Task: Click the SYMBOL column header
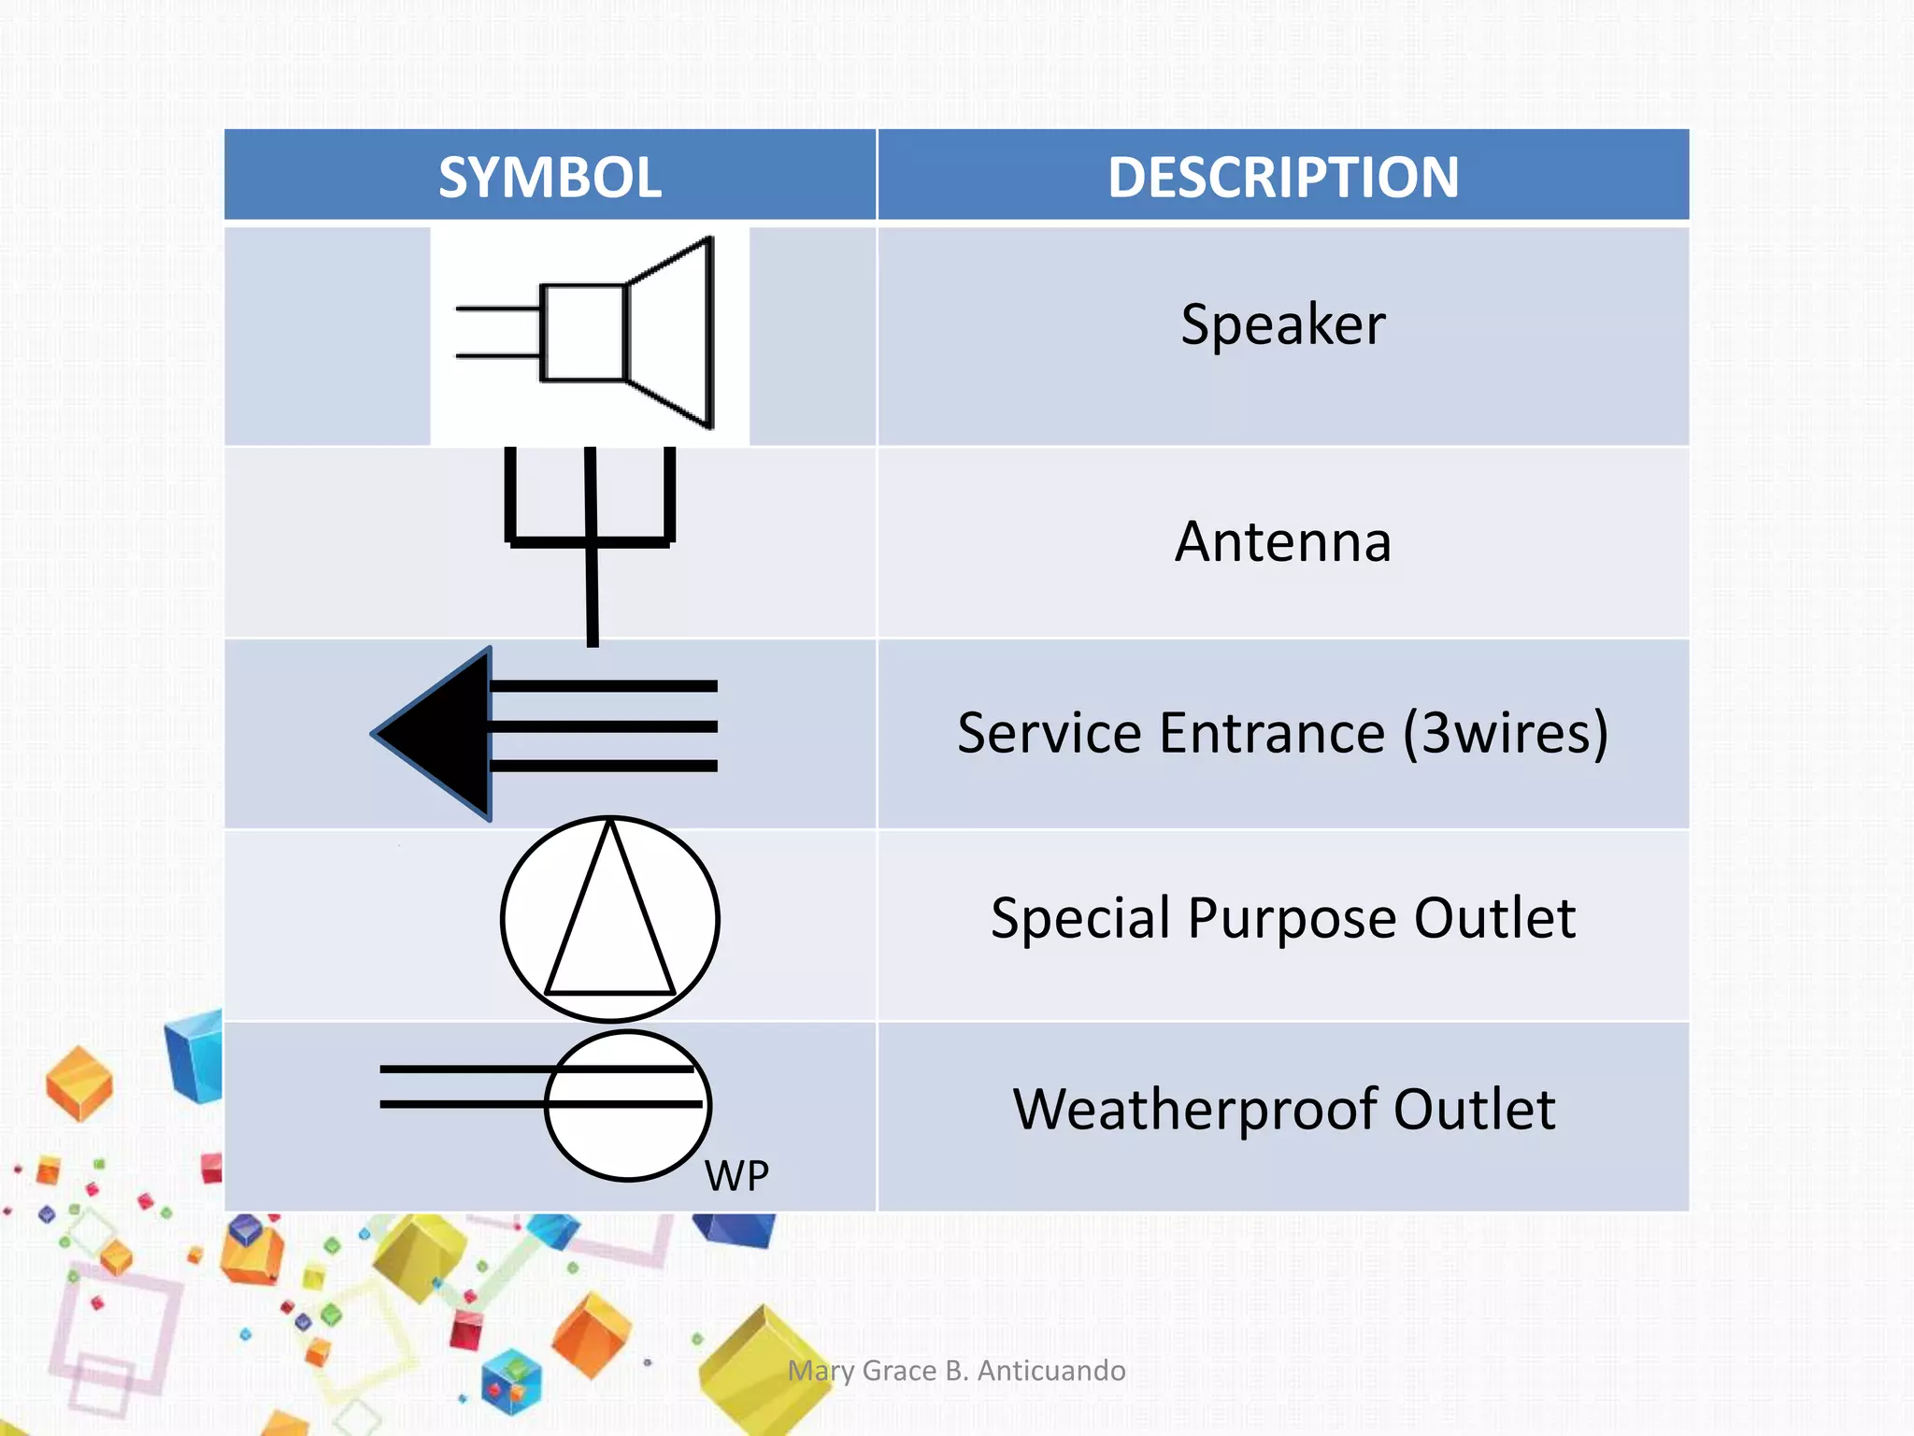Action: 550,177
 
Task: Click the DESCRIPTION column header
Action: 1282,177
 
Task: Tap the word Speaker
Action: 1282,324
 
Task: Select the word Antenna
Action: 1282,542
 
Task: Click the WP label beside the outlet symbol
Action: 736,1175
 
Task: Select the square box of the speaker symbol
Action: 583,333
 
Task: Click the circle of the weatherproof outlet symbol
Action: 628,1141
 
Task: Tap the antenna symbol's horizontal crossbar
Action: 590,541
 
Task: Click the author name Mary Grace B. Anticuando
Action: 956,1371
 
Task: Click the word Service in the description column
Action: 1049,733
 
